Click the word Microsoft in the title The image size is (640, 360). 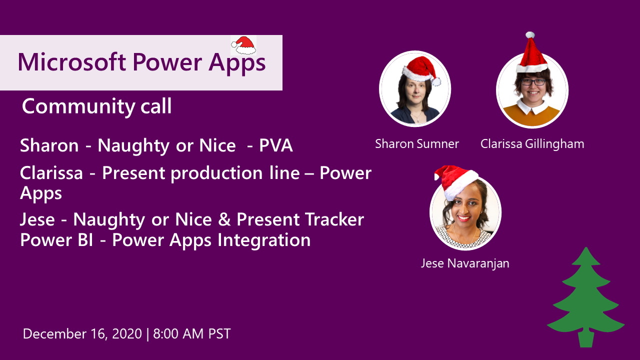pos(71,62)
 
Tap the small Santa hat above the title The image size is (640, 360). pos(243,45)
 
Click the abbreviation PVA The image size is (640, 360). pos(275,145)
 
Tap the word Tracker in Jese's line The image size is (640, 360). pos(334,219)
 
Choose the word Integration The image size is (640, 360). pos(264,240)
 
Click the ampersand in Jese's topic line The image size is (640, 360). pos(224,219)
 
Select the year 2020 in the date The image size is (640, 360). pos(127,333)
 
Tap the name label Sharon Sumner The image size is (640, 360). pos(417,143)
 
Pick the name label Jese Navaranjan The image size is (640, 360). pos(465,263)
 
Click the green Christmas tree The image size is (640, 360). pos(585,297)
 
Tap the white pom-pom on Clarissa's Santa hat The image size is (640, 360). pos(530,35)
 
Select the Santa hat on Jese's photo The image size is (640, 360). pos(455,180)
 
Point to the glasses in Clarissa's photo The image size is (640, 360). pos(533,82)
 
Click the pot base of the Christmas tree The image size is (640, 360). pos(585,339)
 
